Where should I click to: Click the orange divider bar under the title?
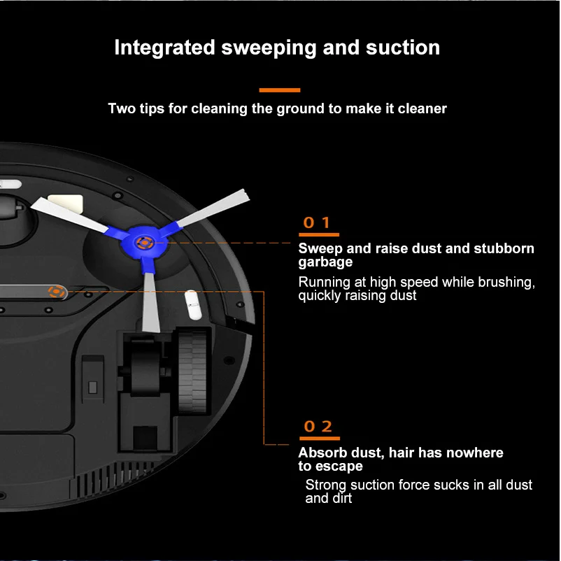tap(280, 90)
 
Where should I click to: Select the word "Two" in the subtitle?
tap(121, 108)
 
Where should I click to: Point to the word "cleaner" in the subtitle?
tap(422, 108)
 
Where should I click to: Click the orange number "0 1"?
tap(317, 223)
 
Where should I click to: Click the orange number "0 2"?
tap(317, 426)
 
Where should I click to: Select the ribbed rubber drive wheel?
tap(192, 370)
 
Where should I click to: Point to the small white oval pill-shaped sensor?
tap(190, 306)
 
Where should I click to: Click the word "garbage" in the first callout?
tap(325, 262)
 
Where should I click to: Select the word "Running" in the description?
tap(323, 282)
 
